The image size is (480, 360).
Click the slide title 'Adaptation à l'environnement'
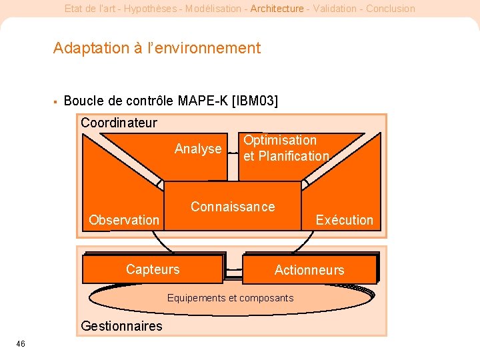tap(157, 48)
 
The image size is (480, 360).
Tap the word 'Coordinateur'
tap(119, 123)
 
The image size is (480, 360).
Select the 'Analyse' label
tap(198, 149)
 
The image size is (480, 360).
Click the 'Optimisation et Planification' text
tap(286, 148)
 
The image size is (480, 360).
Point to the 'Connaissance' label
tap(233, 207)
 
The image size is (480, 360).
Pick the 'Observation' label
tap(124, 220)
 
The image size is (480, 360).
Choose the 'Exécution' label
tap(344, 220)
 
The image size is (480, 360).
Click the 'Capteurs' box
tap(153, 269)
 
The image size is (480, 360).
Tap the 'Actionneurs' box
tap(309, 270)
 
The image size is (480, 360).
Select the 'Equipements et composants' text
tap(230, 298)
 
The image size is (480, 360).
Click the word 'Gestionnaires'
tap(121, 326)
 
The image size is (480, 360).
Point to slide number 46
tap(21, 343)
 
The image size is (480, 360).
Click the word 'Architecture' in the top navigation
tap(277, 9)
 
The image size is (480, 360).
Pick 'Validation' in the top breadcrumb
tap(331, 9)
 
